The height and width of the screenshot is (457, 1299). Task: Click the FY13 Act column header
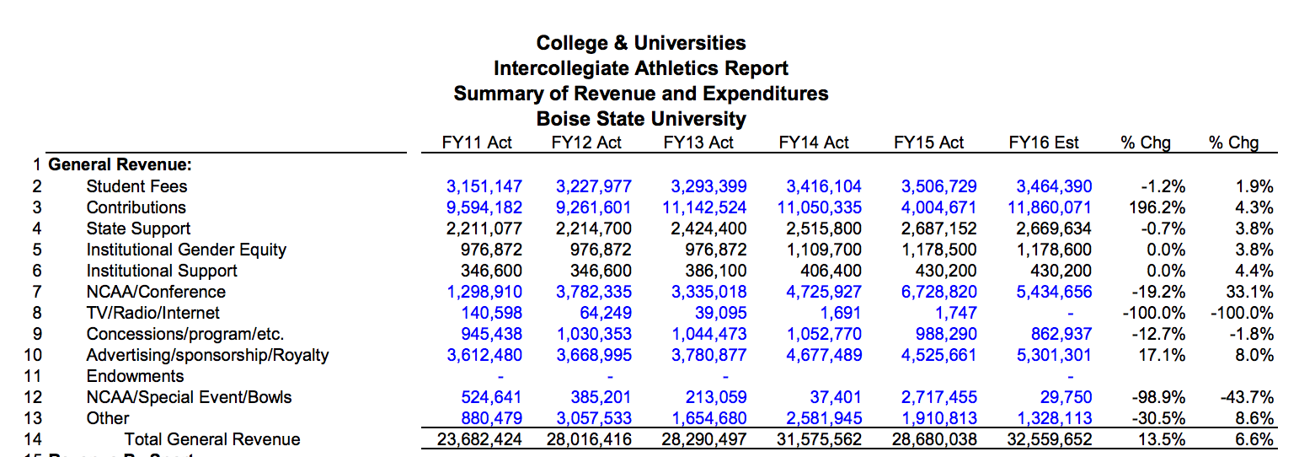click(698, 142)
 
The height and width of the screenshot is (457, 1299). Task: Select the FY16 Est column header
click(1043, 142)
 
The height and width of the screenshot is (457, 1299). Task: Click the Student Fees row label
click(136, 186)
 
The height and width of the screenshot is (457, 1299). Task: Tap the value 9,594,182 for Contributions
click(484, 207)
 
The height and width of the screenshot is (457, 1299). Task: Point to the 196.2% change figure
click(1157, 207)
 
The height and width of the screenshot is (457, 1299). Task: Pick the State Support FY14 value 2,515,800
click(824, 228)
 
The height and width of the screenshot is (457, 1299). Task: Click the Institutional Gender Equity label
click(186, 250)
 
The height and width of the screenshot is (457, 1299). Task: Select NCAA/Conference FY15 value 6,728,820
click(939, 292)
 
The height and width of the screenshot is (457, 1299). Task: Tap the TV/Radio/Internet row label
click(153, 313)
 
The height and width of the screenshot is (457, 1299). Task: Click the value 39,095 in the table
click(721, 313)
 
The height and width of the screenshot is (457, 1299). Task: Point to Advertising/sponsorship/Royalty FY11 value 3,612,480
click(484, 355)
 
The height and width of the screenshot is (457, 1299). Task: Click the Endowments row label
click(135, 376)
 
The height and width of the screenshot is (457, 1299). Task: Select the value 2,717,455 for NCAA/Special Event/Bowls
click(939, 397)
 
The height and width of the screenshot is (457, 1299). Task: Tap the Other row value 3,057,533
click(594, 418)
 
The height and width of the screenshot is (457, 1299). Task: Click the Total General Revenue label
click(212, 439)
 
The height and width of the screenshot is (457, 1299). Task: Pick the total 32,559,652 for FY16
click(1049, 439)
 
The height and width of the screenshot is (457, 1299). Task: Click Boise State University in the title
click(641, 118)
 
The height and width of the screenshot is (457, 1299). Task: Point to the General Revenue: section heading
click(120, 165)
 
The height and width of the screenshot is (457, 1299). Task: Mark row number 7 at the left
click(36, 292)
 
